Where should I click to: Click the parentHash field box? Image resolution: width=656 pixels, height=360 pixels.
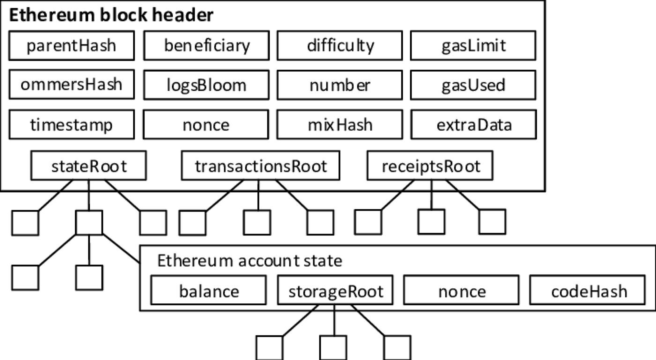point(71,46)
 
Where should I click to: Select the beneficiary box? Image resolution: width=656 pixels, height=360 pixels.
point(207,46)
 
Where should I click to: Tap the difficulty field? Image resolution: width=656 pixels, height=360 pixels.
point(340,46)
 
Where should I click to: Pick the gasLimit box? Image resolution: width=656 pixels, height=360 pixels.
point(473,46)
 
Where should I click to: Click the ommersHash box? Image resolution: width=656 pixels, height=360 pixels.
point(71,85)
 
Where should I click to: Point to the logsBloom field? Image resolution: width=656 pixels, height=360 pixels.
point(207,85)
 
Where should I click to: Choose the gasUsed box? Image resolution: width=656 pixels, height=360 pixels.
point(473,85)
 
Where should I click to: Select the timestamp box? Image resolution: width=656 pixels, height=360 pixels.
point(71,125)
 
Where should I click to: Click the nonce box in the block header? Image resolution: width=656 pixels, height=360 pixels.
point(207,125)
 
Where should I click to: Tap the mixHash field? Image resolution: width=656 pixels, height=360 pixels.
point(340,125)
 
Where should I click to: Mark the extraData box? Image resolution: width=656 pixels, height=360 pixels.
point(473,125)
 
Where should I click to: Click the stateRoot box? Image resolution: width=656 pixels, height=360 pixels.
point(88,166)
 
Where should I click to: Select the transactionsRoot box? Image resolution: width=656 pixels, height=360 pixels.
point(261,166)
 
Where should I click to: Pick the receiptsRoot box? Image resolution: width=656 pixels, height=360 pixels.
point(430,166)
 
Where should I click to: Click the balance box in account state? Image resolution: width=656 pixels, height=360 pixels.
point(209,291)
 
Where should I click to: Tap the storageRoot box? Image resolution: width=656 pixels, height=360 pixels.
point(335,291)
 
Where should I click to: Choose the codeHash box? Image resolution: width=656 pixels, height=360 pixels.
point(589,291)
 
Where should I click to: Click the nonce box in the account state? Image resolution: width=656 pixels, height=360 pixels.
point(462,291)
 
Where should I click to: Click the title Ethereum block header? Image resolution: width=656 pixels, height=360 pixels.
point(111,15)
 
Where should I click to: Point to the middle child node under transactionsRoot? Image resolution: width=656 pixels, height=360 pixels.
point(257,222)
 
